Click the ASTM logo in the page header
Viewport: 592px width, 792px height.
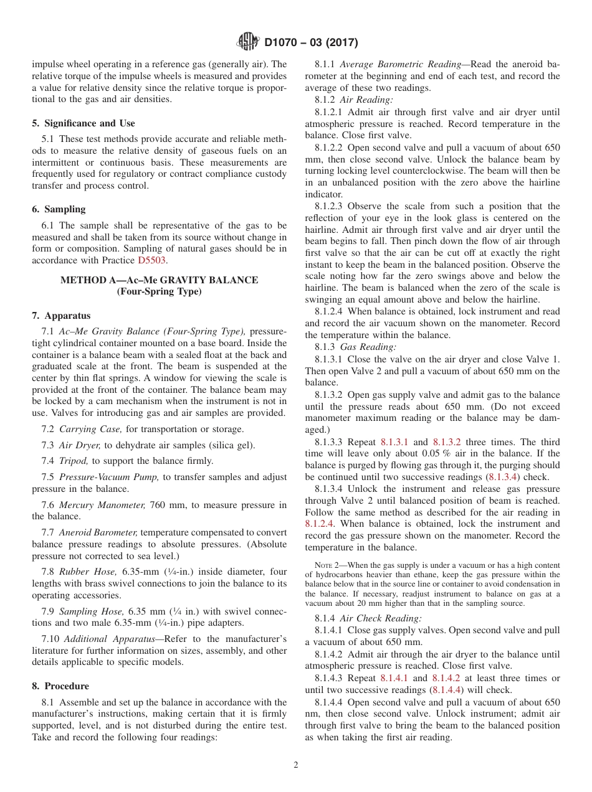(x=249, y=42)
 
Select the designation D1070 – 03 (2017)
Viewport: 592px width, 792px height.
(x=311, y=43)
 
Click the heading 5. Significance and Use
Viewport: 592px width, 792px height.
(x=83, y=123)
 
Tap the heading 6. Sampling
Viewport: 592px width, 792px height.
(x=59, y=209)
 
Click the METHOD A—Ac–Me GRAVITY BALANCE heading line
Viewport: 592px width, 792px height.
(x=159, y=280)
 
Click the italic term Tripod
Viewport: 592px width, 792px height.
(x=74, y=461)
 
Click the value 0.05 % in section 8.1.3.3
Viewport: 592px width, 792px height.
(x=436, y=453)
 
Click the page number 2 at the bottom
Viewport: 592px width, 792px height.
(x=296, y=765)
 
